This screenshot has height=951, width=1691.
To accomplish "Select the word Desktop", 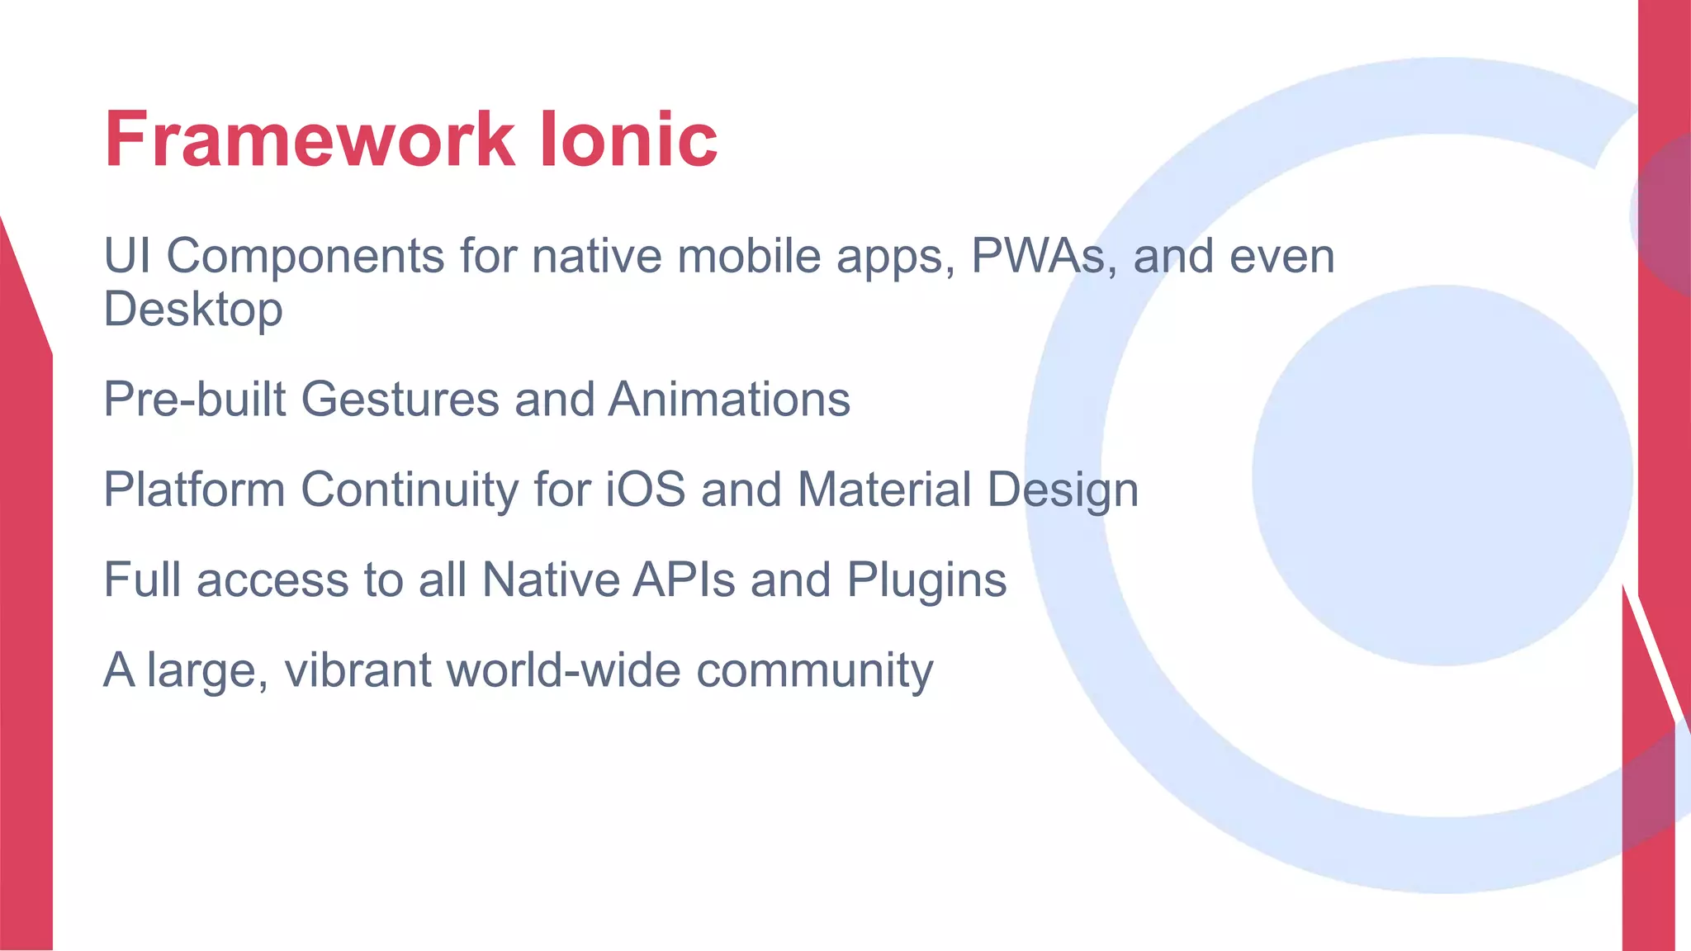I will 192,310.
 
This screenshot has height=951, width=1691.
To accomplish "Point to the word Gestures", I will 400,400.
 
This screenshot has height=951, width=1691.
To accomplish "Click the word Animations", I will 729,400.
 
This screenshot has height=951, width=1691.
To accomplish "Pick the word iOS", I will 645,489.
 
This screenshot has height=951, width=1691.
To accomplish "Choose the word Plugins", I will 926,580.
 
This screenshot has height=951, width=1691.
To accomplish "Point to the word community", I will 814,670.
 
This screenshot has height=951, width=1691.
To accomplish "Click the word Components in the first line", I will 306,257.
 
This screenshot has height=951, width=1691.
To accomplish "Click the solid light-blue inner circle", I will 1442,475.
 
